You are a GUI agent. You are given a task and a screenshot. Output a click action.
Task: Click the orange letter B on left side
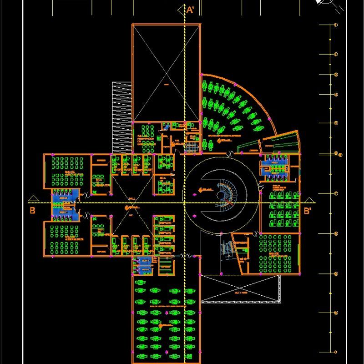pyautogui.click(x=32, y=210)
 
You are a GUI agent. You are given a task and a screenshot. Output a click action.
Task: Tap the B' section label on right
pyautogui.click(x=308, y=211)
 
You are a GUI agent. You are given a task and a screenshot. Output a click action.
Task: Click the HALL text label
pyautogui.click(x=132, y=199)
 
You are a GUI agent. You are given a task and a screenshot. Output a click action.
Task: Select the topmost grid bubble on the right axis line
pyautogui.click(x=336, y=25)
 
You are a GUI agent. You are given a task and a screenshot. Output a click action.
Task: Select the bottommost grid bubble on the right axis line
pyautogui.click(x=336, y=353)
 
